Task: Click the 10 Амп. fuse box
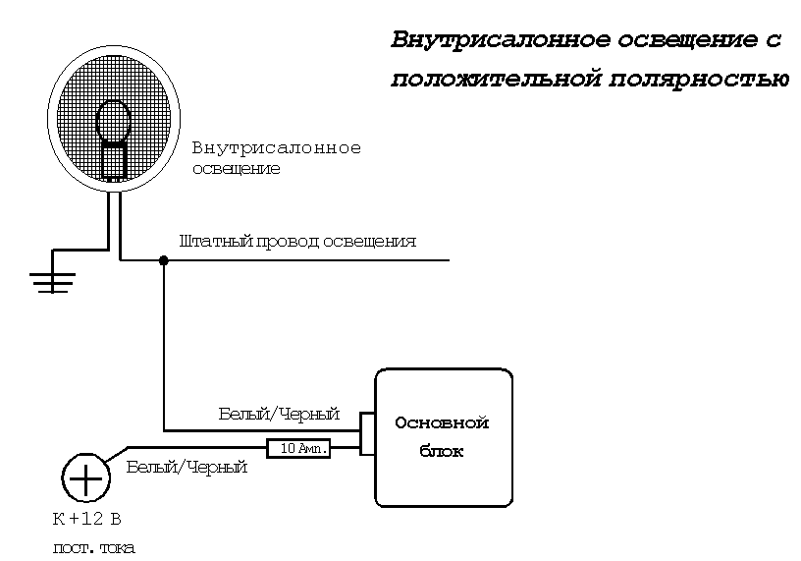pyautogui.click(x=299, y=448)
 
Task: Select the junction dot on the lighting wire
pyautogui.click(x=163, y=260)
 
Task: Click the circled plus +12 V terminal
pyautogui.click(x=85, y=479)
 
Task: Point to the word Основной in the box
pyautogui.click(x=442, y=423)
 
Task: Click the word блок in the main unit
pyautogui.click(x=442, y=453)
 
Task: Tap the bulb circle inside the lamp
pyautogui.click(x=114, y=120)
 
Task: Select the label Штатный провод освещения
pyautogui.click(x=298, y=241)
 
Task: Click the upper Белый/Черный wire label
pyautogui.click(x=279, y=414)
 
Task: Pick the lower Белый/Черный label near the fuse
pyautogui.click(x=187, y=468)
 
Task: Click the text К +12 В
pyautogui.click(x=86, y=518)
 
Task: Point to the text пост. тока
pyautogui.click(x=93, y=547)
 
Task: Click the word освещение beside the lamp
pyautogui.click(x=236, y=168)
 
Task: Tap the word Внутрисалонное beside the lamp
pyautogui.click(x=277, y=148)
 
